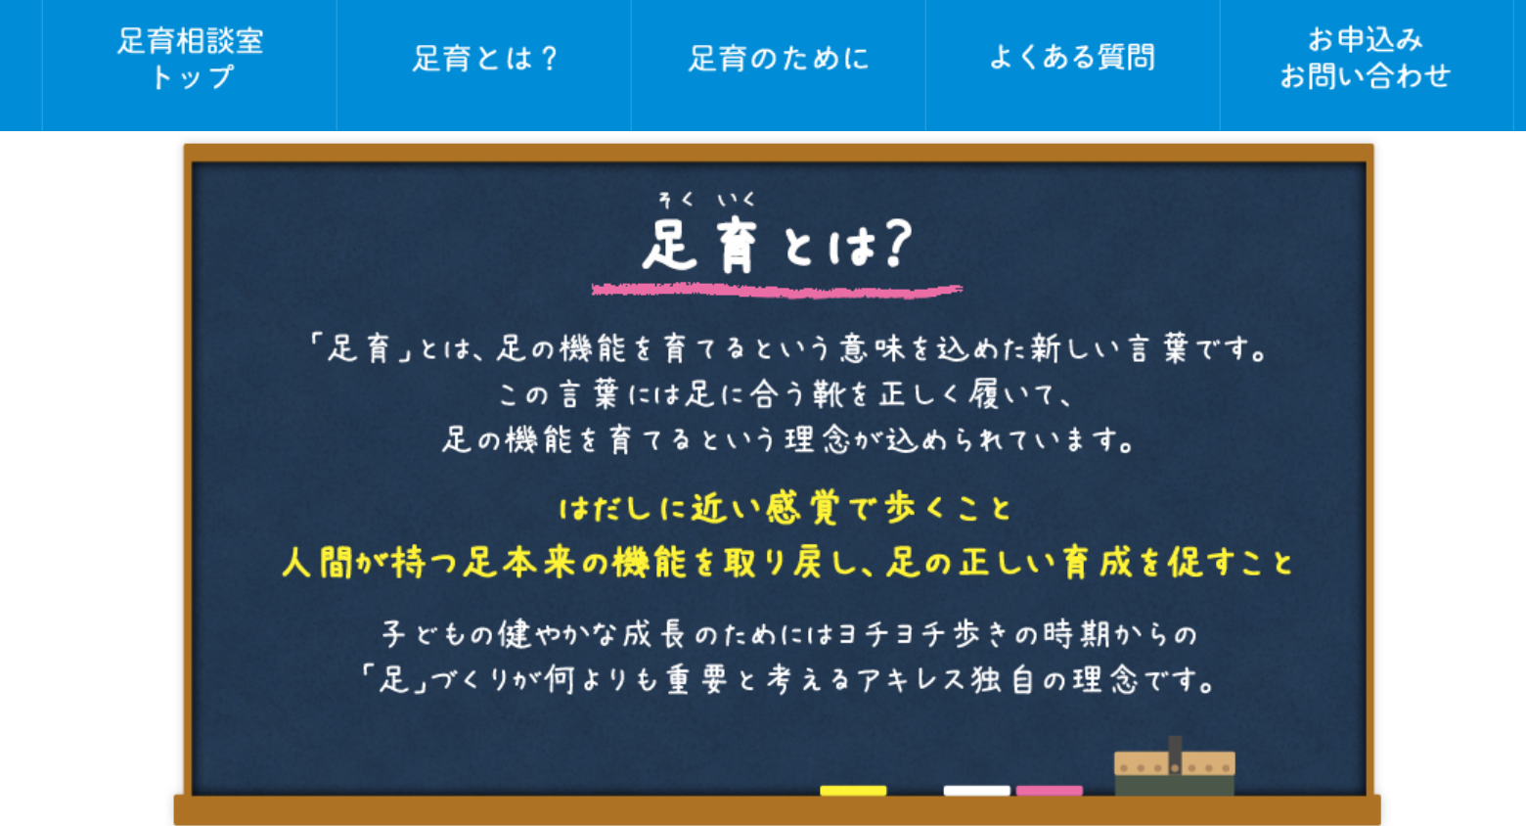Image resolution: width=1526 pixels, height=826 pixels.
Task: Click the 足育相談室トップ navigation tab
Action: click(190, 66)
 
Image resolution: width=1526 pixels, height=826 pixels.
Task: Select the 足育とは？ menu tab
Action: click(483, 66)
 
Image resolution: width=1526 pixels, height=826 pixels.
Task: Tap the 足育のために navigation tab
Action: click(778, 66)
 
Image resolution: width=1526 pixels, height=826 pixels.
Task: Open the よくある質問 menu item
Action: click(1072, 66)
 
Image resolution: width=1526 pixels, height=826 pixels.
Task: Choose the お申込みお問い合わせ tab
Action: click(1367, 66)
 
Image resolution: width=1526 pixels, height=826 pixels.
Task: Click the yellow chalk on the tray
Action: click(853, 791)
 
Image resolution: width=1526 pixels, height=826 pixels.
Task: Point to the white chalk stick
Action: click(976, 791)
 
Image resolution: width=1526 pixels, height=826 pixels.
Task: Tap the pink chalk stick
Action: click(1049, 791)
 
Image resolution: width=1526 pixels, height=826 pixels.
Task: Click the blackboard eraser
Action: click(1175, 766)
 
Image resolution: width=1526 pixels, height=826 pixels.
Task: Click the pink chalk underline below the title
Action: click(777, 291)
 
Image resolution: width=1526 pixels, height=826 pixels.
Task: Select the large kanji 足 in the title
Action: click(670, 246)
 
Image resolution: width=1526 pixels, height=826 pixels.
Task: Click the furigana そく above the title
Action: click(677, 200)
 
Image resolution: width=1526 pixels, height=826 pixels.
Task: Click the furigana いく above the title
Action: click(736, 200)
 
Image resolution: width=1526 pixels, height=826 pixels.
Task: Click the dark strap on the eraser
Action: click(1175, 756)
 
